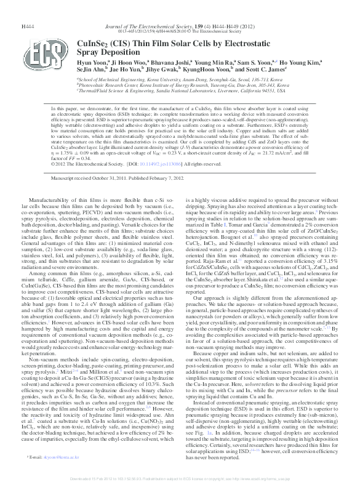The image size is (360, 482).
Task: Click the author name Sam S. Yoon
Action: tap(254, 63)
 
